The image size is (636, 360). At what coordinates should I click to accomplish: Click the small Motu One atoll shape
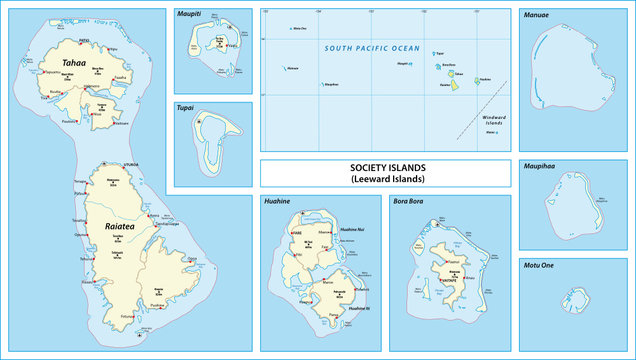click(x=576, y=301)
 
